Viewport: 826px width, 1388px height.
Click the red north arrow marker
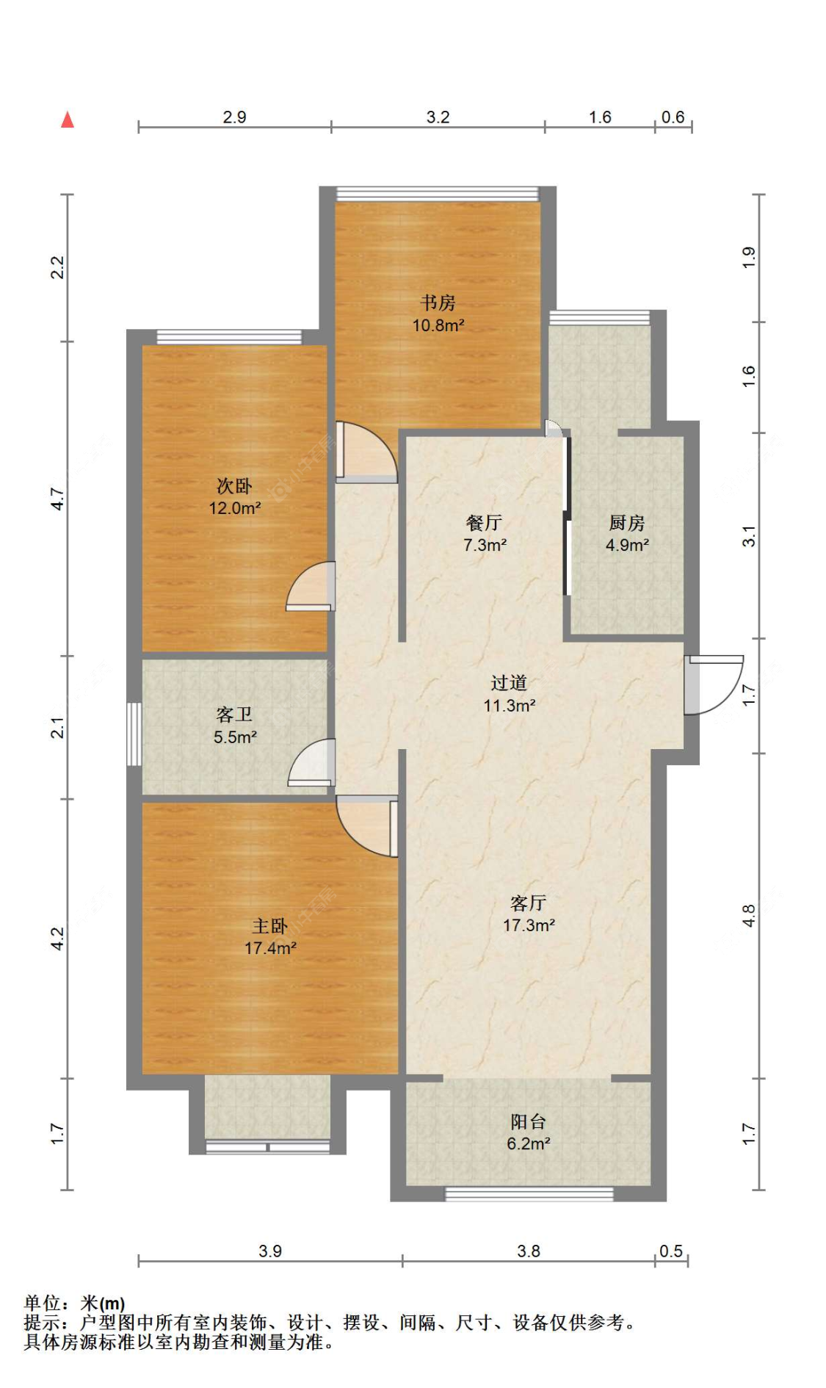point(68,119)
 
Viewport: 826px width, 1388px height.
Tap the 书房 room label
point(438,302)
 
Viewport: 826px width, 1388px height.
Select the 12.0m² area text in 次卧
point(235,507)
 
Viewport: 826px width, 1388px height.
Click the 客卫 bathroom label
point(234,714)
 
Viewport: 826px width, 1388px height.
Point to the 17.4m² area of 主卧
point(270,947)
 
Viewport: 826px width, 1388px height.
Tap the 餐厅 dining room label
point(484,522)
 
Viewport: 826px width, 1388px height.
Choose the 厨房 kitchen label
point(627,522)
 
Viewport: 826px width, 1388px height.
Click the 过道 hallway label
point(509,682)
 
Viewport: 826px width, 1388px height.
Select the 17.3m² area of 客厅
point(529,925)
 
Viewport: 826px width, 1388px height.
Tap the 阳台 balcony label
point(529,1121)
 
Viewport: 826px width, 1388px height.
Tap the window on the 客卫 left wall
point(134,734)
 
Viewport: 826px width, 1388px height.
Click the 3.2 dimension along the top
point(438,117)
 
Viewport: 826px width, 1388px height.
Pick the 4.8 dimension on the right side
point(748,916)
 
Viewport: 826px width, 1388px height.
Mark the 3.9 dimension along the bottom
point(270,1251)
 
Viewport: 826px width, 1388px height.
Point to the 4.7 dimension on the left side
point(57,499)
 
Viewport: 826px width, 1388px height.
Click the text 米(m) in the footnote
point(103,1304)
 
